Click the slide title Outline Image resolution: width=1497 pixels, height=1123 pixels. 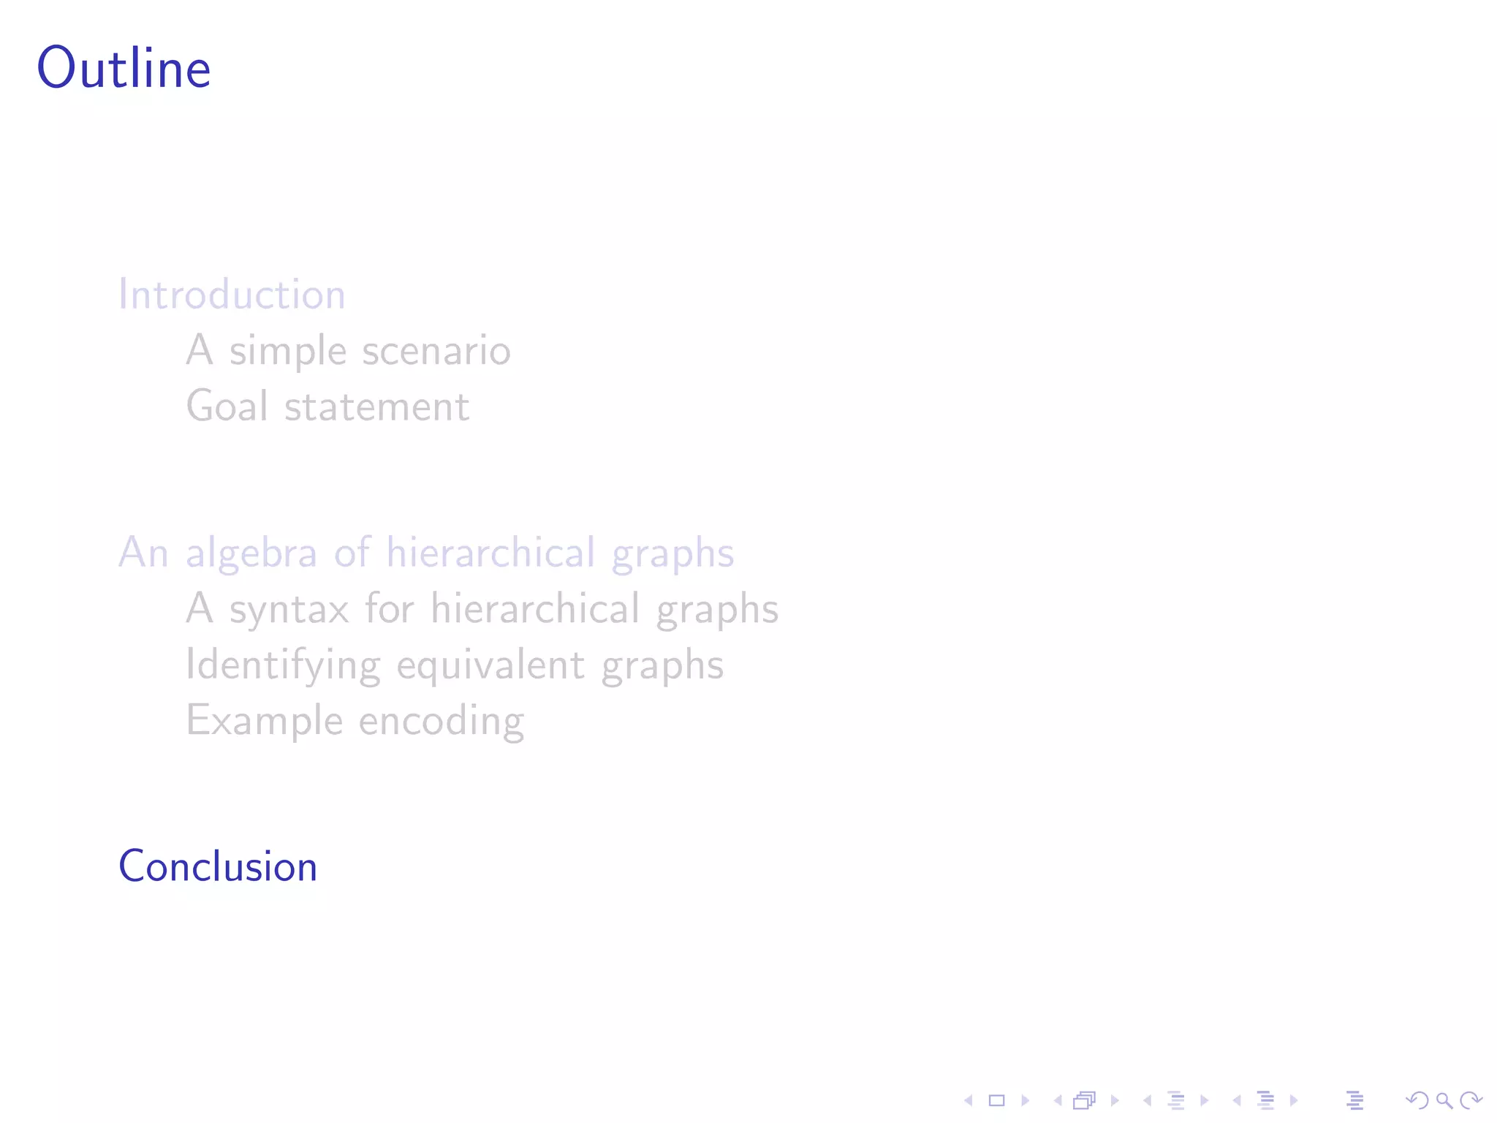click(x=124, y=68)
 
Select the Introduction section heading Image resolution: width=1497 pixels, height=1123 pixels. click(x=232, y=295)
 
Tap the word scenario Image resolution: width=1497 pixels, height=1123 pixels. click(x=436, y=351)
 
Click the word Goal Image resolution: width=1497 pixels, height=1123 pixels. click(x=227, y=407)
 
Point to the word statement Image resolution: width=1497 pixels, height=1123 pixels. click(x=376, y=407)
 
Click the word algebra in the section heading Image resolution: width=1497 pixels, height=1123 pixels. click(x=251, y=553)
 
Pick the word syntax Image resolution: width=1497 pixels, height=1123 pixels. click(x=289, y=610)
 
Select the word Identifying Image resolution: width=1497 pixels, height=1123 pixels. click(x=283, y=666)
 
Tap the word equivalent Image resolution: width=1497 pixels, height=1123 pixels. click(x=490, y=666)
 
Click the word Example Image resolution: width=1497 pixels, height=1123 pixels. click(x=265, y=721)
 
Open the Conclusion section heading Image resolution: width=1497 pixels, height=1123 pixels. click(x=218, y=867)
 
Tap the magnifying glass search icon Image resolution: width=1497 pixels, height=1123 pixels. click(x=1444, y=1100)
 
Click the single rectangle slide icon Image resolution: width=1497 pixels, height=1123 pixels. click(x=996, y=1100)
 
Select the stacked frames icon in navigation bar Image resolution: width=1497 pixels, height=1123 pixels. click(x=1085, y=1100)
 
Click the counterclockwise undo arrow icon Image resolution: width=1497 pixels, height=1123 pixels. click(x=1417, y=1100)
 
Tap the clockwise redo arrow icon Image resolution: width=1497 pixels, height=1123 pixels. click(x=1470, y=1100)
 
